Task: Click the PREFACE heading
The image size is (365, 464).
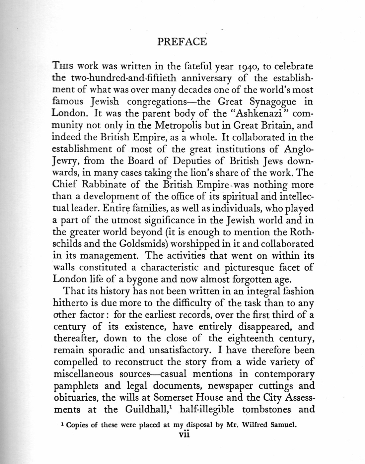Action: (182, 42)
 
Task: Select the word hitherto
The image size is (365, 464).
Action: (73, 303)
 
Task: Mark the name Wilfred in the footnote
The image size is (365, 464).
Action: (255, 425)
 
